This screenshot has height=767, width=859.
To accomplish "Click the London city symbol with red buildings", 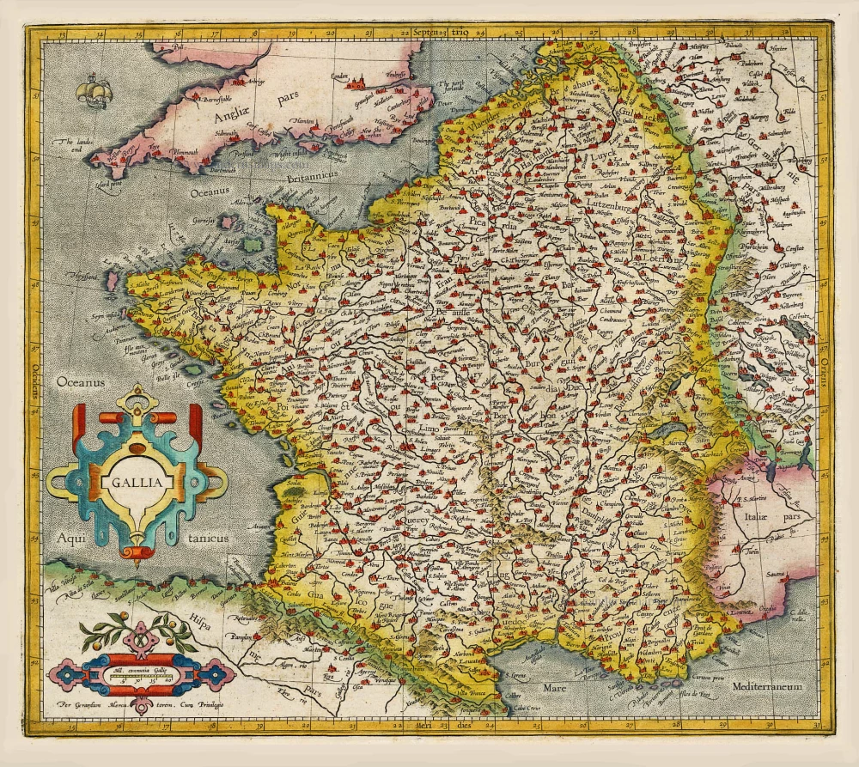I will click(356, 82).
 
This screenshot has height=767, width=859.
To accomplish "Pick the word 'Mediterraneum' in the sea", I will click(768, 687).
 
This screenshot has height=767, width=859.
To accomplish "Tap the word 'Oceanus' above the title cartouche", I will click(79, 379).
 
